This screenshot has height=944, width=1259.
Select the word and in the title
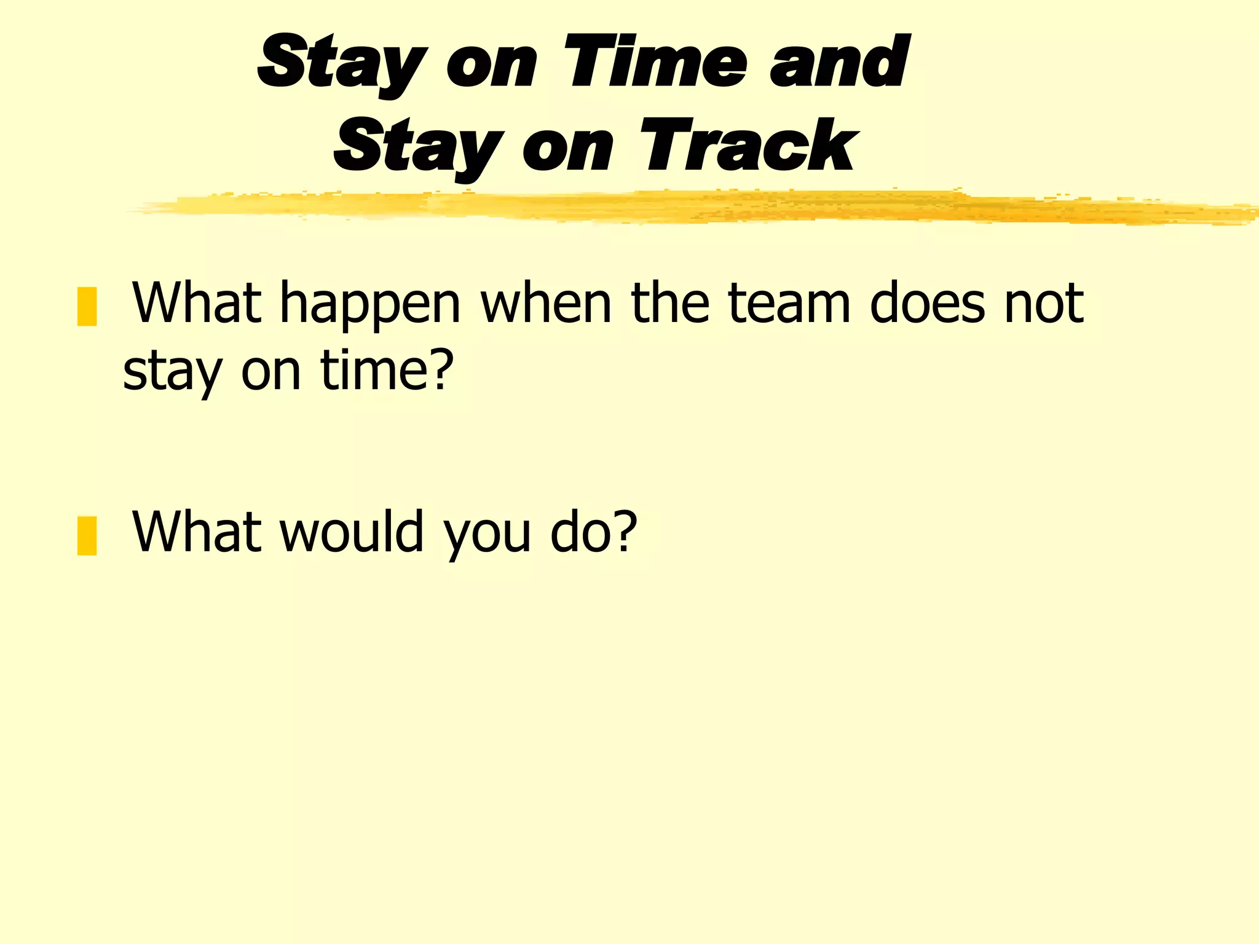[839, 62]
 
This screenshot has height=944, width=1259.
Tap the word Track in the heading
[748, 146]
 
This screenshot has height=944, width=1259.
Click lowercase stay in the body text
[172, 372]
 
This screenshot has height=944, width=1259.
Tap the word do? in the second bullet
[594, 531]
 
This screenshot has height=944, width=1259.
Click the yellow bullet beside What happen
[87, 306]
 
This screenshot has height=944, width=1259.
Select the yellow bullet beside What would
[87, 535]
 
